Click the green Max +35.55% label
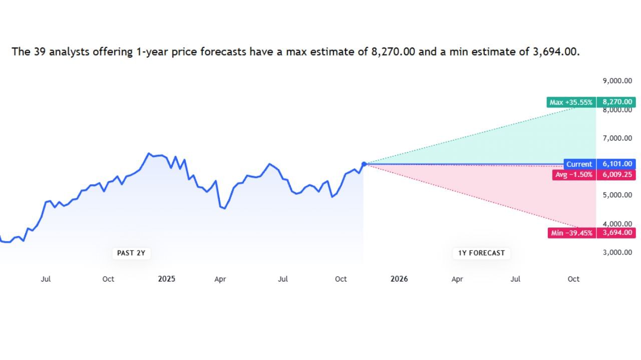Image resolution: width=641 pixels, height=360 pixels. click(571, 102)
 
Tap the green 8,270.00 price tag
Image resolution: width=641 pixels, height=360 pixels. click(616, 102)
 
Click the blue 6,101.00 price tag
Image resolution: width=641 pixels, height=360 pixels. click(616, 164)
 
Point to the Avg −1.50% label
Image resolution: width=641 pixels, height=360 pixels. click(574, 175)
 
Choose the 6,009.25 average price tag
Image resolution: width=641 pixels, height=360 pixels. click(616, 175)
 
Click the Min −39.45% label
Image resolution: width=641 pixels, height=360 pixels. click(572, 233)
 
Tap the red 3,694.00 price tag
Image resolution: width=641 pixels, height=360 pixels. click(616, 233)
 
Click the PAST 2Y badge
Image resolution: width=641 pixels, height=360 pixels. click(131, 253)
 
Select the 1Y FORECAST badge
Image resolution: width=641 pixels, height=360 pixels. click(481, 253)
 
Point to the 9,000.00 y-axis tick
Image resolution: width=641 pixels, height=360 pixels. click(617, 81)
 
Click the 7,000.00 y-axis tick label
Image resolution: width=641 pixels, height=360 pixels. click(617, 138)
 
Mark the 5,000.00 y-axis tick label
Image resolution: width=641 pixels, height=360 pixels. click(617, 195)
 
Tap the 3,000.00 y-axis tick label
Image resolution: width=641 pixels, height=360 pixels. click(617, 252)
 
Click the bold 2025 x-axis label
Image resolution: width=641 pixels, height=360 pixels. click(167, 279)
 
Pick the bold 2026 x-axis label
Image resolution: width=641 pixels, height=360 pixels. click(399, 279)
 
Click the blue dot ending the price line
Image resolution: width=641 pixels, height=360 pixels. click(364, 164)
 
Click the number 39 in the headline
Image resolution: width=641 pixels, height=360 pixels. click(40, 51)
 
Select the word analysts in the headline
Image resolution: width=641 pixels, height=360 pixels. click(69, 52)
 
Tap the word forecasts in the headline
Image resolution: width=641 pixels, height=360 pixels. click(223, 51)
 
